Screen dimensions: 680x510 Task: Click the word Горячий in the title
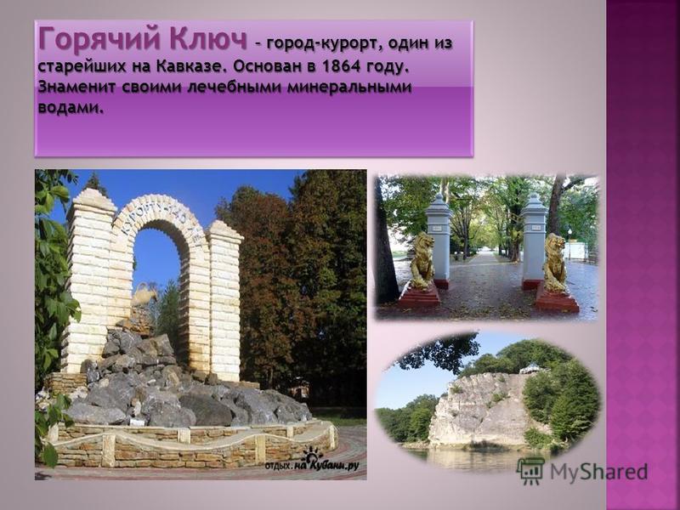100,39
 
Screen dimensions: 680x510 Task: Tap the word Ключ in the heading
208,38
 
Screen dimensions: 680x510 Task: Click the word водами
71,107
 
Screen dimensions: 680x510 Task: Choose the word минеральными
349,87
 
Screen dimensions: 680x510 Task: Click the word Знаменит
76,87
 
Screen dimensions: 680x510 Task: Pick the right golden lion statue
555,263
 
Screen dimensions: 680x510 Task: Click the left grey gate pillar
439,240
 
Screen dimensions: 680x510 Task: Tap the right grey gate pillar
534,240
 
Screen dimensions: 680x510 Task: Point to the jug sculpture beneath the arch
144,296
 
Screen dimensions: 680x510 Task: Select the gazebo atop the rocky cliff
530,370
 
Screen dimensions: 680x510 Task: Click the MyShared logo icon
530,471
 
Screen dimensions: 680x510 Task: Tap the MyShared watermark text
599,472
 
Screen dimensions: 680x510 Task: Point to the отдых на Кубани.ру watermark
312,462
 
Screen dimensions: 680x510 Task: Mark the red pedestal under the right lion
557,299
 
